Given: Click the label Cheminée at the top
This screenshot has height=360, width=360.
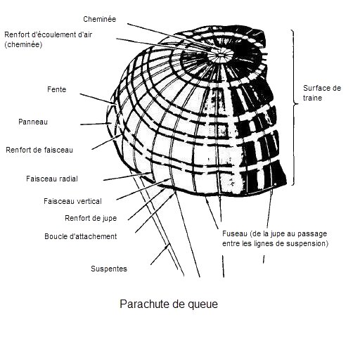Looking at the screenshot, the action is tap(100, 19).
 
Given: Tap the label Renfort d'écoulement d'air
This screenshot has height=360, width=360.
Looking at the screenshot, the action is tap(49, 34).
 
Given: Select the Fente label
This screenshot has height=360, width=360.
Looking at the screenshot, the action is tap(57, 89).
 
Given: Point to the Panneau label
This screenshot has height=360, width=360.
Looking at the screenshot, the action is tap(33, 122).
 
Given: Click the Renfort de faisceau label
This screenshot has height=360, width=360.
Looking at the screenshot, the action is tap(39, 150).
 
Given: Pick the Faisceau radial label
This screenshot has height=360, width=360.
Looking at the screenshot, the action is tap(52, 179).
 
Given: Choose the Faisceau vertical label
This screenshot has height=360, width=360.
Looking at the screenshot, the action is tap(72, 201).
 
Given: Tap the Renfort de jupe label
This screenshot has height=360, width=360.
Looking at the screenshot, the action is tap(91, 218).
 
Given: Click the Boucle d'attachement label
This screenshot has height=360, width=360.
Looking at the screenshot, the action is tap(81, 236).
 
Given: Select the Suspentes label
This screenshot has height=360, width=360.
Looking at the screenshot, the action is tap(109, 269).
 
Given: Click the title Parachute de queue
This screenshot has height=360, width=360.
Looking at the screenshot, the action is tap(169, 304).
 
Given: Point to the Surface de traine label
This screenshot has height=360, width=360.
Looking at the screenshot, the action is tap(322, 93).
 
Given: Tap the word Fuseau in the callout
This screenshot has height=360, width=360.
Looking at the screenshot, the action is tap(235, 233).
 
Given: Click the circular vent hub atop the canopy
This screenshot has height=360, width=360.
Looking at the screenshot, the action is tap(220, 55).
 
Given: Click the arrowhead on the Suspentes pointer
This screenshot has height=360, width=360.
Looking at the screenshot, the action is tap(167, 247).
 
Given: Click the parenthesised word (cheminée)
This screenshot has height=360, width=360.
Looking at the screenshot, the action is tap(23, 44).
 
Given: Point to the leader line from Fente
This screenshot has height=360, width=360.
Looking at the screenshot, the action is tap(98, 98).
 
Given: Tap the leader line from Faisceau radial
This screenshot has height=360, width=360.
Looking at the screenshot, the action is tap(127, 176).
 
